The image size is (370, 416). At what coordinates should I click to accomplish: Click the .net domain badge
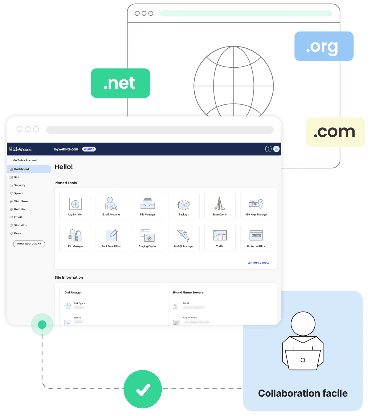[x=120, y=83]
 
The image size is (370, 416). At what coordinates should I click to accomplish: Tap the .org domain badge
[x=323, y=46]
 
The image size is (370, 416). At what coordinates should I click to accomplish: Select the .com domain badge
[x=335, y=132]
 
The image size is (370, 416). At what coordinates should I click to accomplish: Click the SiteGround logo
[x=20, y=149]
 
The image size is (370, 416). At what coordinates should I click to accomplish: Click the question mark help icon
[x=268, y=149]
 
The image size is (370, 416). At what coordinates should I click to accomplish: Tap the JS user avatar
[x=276, y=149]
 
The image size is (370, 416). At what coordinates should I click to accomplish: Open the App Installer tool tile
[x=75, y=206]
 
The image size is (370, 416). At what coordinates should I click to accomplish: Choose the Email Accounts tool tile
[x=111, y=206]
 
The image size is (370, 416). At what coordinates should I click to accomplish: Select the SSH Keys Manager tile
[x=256, y=206]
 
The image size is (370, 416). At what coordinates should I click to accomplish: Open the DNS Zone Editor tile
[x=111, y=238]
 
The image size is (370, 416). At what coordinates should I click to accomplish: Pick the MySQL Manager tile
[x=184, y=238]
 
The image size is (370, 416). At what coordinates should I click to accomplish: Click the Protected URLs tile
[x=256, y=238]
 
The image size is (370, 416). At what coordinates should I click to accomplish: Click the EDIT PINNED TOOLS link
[x=258, y=263]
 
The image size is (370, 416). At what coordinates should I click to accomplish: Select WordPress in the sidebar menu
[x=21, y=201]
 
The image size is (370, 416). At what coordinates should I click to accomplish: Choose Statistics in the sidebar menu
[x=20, y=225]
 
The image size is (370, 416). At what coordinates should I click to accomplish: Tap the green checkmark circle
[x=143, y=389]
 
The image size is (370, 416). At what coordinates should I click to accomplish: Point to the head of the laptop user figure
[x=303, y=324]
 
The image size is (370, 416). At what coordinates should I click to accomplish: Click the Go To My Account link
[x=25, y=160]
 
